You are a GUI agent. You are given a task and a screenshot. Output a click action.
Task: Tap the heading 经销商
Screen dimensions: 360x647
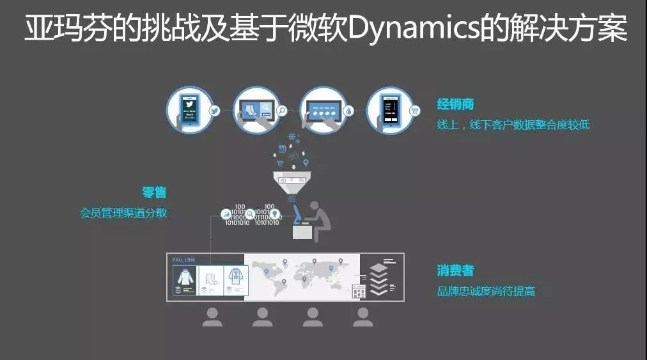(x=455, y=104)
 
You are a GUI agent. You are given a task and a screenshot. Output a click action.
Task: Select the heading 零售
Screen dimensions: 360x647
(x=154, y=192)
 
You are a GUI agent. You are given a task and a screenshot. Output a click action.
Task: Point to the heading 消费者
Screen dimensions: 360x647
(x=455, y=270)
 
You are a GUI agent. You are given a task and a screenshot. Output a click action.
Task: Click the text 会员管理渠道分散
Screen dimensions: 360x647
(x=123, y=213)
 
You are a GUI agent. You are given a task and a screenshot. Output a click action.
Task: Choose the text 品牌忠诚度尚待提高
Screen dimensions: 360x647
(x=486, y=292)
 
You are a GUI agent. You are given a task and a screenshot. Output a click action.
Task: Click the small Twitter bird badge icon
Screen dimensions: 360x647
(x=215, y=110)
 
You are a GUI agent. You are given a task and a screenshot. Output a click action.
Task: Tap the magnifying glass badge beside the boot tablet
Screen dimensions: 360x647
(x=282, y=110)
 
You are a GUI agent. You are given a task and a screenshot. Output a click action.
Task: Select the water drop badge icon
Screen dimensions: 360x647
(x=348, y=110)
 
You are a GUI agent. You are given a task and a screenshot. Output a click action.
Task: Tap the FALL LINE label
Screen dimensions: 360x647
(x=183, y=260)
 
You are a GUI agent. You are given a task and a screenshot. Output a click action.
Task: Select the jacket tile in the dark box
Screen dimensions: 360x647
(x=186, y=281)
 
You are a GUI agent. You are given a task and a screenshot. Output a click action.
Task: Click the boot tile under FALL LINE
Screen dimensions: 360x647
(x=209, y=281)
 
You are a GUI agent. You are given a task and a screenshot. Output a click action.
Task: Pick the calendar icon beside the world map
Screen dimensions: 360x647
(x=359, y=291)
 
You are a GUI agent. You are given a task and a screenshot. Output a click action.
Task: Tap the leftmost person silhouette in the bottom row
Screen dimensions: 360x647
(x=212, y=317)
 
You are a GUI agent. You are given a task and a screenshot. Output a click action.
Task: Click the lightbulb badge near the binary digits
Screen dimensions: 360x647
(x=274, y=214)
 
